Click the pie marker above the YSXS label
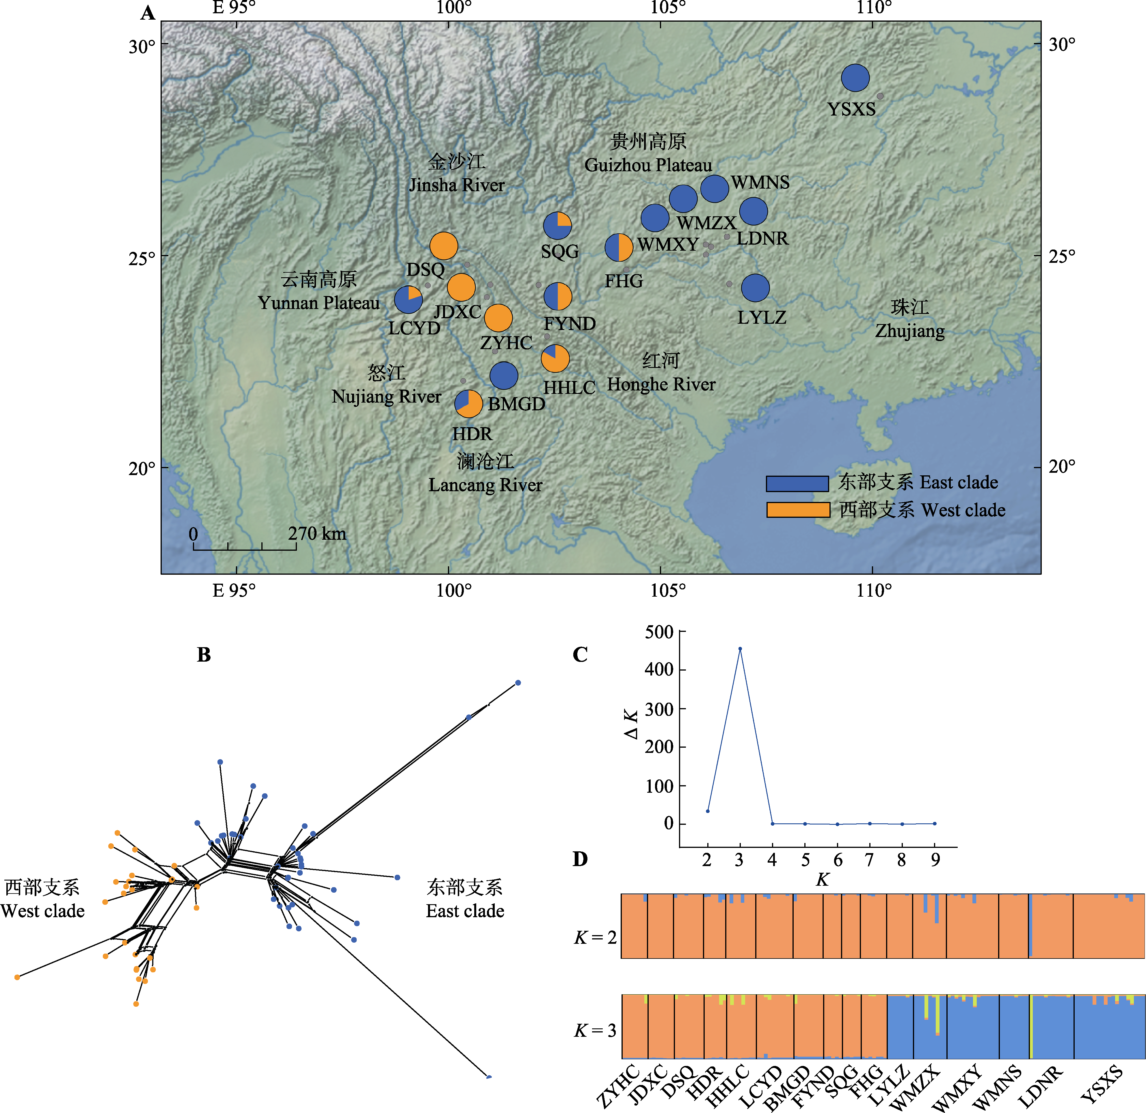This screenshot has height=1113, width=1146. tap(855, 78)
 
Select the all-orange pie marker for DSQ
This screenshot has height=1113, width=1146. tap(444, 246)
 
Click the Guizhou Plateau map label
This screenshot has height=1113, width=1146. tap(648, 165)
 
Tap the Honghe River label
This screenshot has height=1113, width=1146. tap(661, 385)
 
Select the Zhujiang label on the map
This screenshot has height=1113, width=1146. tap(910, 332)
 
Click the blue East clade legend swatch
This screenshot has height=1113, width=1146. tap(797, 483)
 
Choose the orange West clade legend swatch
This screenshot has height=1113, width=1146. tap(798, 510)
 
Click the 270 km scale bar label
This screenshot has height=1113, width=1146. tap(317, 534)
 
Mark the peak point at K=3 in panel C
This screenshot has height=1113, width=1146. tap(740, 649)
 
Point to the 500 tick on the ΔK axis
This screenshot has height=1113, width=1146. tap(659, 632)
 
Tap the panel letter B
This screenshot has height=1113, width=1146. tap(204, 655)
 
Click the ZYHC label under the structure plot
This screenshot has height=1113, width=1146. tap(619, 1086)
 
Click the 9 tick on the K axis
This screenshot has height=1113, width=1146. tap(935, 860)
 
